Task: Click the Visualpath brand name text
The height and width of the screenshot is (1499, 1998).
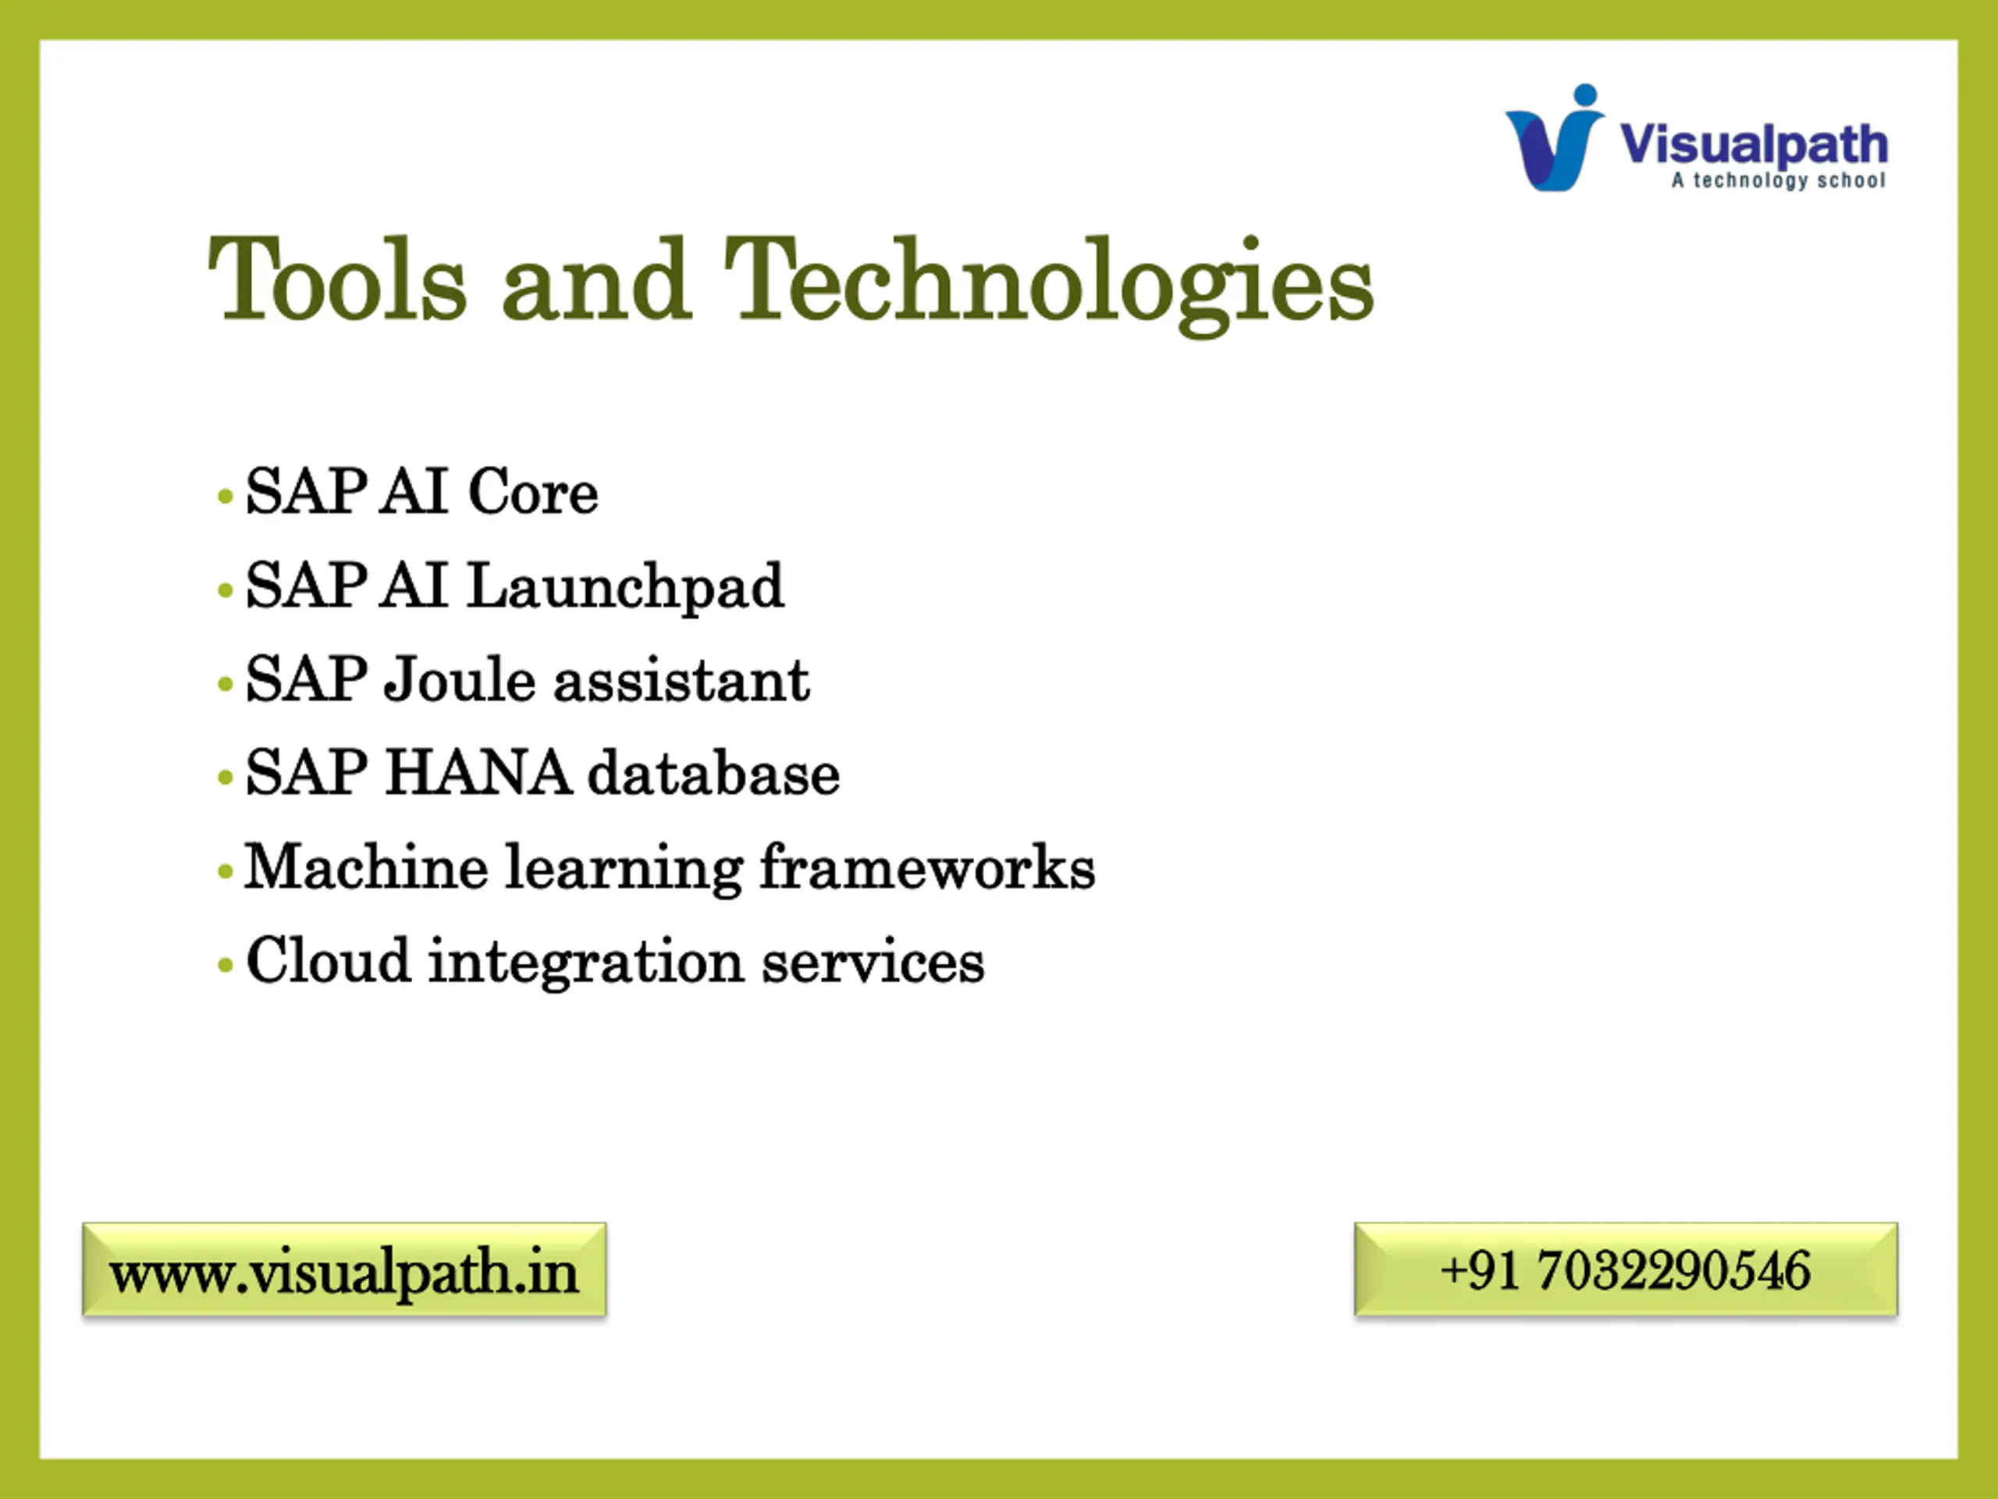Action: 1753,144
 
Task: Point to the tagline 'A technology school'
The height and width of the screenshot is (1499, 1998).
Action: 1778,180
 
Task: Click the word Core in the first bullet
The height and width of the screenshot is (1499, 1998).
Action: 533,493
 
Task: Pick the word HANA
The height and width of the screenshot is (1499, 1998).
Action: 478,774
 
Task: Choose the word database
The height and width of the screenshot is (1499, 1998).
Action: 713,774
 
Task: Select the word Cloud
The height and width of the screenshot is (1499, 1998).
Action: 328,960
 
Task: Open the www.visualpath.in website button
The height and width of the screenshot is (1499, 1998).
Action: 344,1269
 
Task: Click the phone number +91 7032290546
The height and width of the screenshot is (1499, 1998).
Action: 1626,1269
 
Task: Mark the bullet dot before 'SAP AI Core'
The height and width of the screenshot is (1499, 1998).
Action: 226,497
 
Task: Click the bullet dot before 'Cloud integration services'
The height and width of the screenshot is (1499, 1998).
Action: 226,966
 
